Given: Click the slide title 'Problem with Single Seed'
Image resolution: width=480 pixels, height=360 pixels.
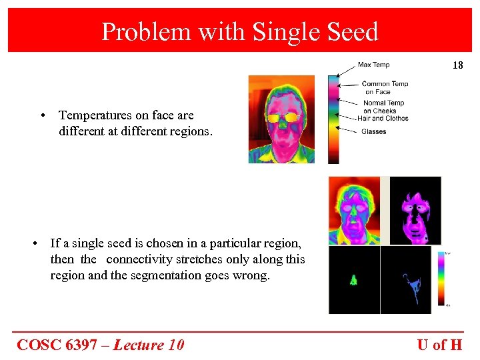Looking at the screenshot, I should coord(239,31).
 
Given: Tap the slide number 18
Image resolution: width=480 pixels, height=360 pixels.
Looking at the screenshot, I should coord(457,65).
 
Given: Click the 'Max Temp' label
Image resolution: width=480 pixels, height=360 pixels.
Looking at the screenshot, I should coord(373,65).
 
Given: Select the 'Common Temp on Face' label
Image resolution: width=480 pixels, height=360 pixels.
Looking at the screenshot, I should coord(385,87).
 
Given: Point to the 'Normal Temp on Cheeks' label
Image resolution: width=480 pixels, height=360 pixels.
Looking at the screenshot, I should coord(383,107).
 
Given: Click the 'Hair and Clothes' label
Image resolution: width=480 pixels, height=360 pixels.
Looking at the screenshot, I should coord(383,118).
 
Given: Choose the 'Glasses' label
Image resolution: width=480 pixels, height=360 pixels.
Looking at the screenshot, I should coord(373,131).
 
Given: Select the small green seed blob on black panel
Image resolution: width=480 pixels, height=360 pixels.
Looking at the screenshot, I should coord(353,281).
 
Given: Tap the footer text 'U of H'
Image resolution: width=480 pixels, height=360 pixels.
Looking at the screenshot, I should coord(439,345).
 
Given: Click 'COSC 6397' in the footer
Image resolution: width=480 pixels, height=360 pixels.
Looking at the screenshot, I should coord(62,345).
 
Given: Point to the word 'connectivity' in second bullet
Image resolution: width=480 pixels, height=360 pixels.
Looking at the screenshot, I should coord(138,259).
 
